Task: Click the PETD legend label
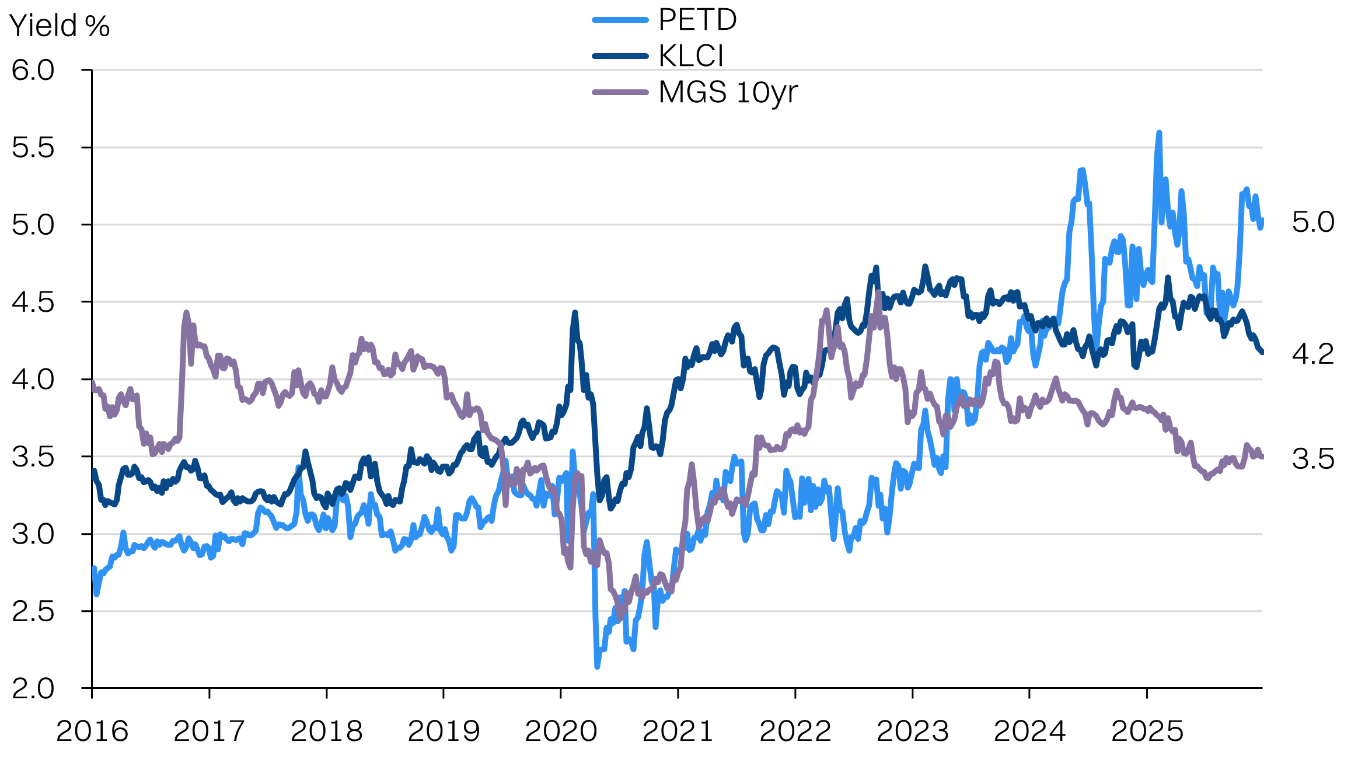point(697,20)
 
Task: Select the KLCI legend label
point(691,56)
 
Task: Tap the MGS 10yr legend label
point(728,92)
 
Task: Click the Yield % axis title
point(60,26)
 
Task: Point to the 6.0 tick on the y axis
point(33,70)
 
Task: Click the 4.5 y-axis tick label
point(33,302)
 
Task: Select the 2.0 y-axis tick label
point(33,688)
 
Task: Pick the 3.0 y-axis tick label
point(33,534)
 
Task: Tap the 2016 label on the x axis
point(92,731)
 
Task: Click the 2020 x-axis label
point(561,731)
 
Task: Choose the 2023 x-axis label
point(913,731)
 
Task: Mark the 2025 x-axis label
point(1147,731)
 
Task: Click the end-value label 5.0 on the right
point(1313,222)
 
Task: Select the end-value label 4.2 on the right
point(1313,354)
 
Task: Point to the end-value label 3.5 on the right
point(1313,459)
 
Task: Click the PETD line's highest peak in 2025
point(1159,133)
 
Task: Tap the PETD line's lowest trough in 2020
point(597,666)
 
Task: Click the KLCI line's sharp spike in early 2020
point(575,312)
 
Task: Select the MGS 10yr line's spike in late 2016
point(186,312)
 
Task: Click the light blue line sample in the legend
point(620,20)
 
